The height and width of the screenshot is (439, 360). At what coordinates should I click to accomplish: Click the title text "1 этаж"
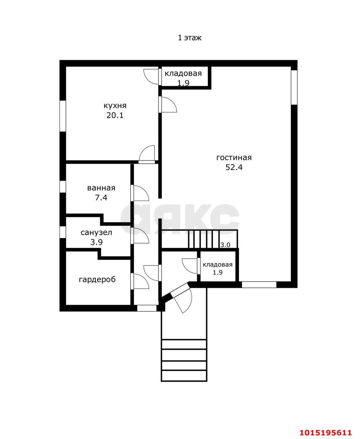[x=189, y=38]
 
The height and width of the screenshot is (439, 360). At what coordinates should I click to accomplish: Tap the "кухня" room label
[x=115, y=106]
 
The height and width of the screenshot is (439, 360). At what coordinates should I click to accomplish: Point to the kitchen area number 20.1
[x=115, y=115]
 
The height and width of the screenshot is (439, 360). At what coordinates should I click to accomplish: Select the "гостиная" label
[x=234, y=157]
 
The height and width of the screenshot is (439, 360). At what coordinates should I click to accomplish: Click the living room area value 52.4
[x=234, y=167]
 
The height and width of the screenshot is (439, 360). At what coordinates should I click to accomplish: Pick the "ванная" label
[x=101, y=188]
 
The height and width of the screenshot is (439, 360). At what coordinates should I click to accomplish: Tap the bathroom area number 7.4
[x=101, y=197]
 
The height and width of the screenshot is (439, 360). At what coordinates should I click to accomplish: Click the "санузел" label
[x=96, y=233]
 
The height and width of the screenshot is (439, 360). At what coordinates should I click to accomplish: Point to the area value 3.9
[x=96, y=242]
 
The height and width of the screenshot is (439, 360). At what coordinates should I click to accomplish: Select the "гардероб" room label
[x=97, y=280]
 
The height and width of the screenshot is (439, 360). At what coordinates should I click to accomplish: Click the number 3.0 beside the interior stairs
[x=225, y=245]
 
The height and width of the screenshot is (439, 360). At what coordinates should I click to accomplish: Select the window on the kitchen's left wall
[x=63, y=116]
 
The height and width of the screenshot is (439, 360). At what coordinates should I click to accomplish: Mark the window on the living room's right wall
[x=294, y=87]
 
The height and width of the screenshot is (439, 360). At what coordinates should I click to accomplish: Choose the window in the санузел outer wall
[x=63, y=232]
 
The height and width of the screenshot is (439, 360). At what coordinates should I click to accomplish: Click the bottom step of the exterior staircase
[x=184, y=376]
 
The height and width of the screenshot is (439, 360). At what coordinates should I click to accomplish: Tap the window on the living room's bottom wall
[x=259, y=285]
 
